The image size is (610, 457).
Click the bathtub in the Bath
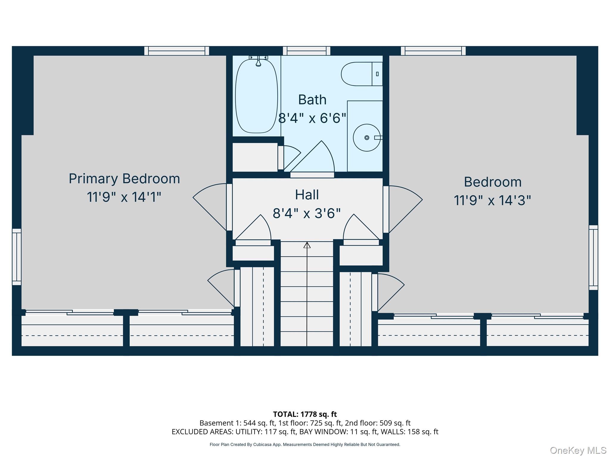(256, 96)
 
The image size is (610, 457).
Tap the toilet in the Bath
(362, 74)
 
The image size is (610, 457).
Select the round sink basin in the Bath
(367, 138)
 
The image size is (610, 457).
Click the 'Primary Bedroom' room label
(125, 179)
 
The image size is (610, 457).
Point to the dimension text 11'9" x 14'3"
(492, 200)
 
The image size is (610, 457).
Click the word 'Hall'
(307, 195)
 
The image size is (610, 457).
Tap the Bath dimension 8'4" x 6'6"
(312, 118)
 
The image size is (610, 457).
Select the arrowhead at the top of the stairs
(307, 245)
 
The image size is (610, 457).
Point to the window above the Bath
(306, 51)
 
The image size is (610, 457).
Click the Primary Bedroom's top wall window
(177, 51)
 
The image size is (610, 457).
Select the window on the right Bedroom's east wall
(593, 257)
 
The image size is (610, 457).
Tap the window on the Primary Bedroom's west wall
(17, 257)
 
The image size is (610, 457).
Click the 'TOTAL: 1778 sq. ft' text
(305, 414)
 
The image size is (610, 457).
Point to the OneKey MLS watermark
(578, 450)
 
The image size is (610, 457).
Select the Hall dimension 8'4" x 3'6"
(307, 213)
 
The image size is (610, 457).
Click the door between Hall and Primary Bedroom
(229, 207)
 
